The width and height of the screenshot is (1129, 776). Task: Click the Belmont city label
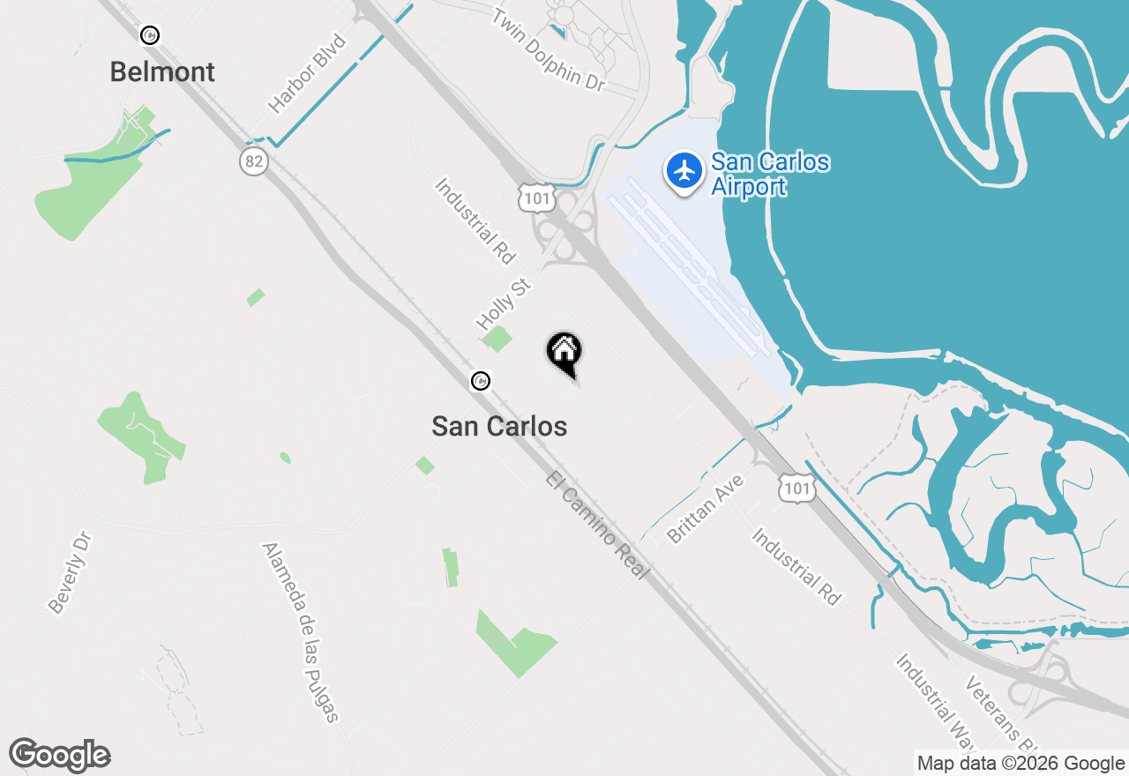point(162,72)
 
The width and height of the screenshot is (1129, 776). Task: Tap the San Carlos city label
point(499,427)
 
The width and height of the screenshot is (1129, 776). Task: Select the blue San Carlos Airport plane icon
point(684,169)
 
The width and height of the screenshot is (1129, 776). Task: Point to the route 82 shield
point(253,160)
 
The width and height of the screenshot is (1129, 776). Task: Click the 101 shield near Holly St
point(536,198)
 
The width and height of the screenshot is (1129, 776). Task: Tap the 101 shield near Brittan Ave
point(796,489)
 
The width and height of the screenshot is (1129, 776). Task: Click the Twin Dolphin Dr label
point(549,48)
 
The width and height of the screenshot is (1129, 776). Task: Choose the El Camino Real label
point(597,526)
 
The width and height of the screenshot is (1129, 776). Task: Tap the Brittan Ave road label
point(707,509)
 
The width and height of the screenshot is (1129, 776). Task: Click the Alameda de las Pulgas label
point(301,631)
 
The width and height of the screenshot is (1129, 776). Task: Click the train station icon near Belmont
point(150,35)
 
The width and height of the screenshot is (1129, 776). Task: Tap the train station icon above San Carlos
point(481,381)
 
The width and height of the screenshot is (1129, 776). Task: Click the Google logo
point(60,755)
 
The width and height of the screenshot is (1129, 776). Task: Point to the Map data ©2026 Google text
point(1021,764)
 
